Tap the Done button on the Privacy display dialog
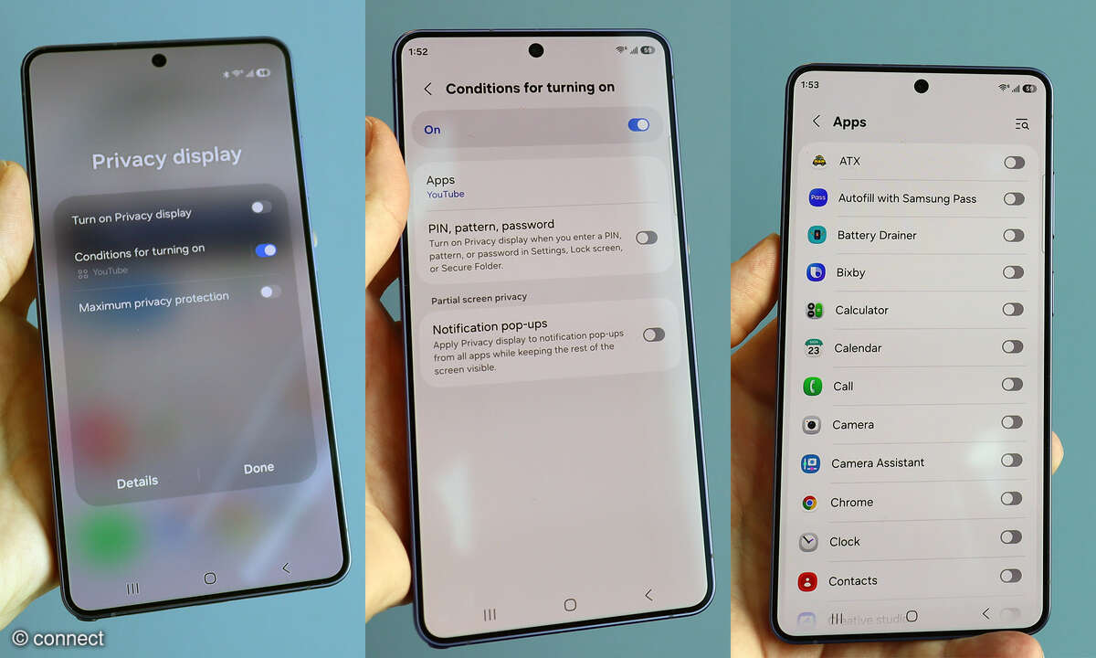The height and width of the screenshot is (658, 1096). [x=258, y=468]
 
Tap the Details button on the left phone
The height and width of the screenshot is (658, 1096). [x=137, y=482]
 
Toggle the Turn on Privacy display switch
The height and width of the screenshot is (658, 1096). [x=261, y=207]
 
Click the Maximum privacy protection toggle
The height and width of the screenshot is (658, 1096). [x=269, y=292]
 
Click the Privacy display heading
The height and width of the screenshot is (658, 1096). [x=167, y=158]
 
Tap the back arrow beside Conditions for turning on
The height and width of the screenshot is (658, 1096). [x=427, y=89]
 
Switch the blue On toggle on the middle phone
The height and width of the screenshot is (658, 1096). [x=638, y=124]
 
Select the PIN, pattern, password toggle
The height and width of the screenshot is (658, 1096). [x=647, y=238]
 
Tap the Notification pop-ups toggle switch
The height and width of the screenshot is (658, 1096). [x=653, y=334]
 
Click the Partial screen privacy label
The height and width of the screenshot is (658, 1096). [x=479, y=299]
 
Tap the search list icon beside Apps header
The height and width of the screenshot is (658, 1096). [x=1021, y=123]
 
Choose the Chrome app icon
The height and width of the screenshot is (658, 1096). [x=809, y=503]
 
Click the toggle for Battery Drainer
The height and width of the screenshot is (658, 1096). [x=1013, y=235]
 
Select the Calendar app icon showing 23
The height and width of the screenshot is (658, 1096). [x=813, y=348]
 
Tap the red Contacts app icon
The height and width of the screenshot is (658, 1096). [x=806, y=581]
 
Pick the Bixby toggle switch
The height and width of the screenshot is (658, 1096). [x=1012, y=271]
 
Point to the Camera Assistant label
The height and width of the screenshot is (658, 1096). [x=877, y=463]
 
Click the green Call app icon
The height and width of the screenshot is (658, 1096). [x=812, y=387]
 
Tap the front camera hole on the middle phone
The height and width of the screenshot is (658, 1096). [x=535, y=50]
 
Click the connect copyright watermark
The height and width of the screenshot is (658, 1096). [x=59, y=638]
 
